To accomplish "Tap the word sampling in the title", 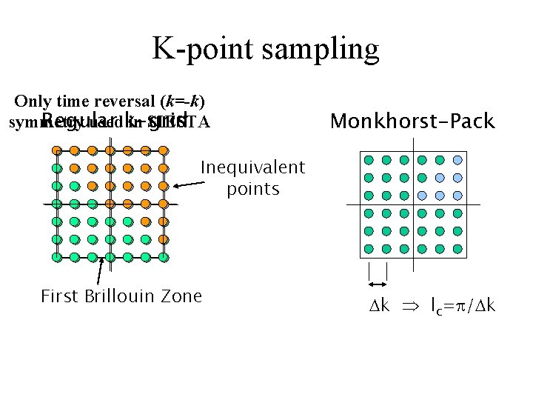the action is point(320,50).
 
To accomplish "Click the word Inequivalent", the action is point(252,168).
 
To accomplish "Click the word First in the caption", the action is point(60,296).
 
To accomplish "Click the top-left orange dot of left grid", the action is point(57,150).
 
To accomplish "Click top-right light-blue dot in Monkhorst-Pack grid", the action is point(457,159).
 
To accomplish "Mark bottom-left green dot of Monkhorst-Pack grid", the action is point(369,247).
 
